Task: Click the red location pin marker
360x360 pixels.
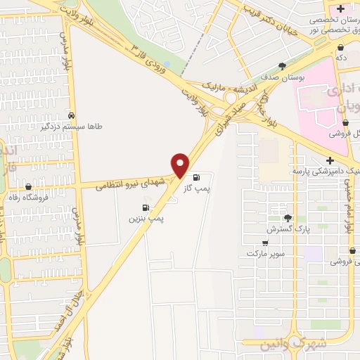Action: (181, 165)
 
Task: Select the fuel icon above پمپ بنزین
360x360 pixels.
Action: (146, 207)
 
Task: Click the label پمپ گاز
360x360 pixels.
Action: (205, 188)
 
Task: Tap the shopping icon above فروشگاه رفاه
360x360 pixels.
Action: (29, 187)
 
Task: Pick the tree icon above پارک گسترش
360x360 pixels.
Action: (287, 217)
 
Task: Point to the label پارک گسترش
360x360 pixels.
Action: (286, 229)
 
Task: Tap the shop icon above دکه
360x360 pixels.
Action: (341, 46)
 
